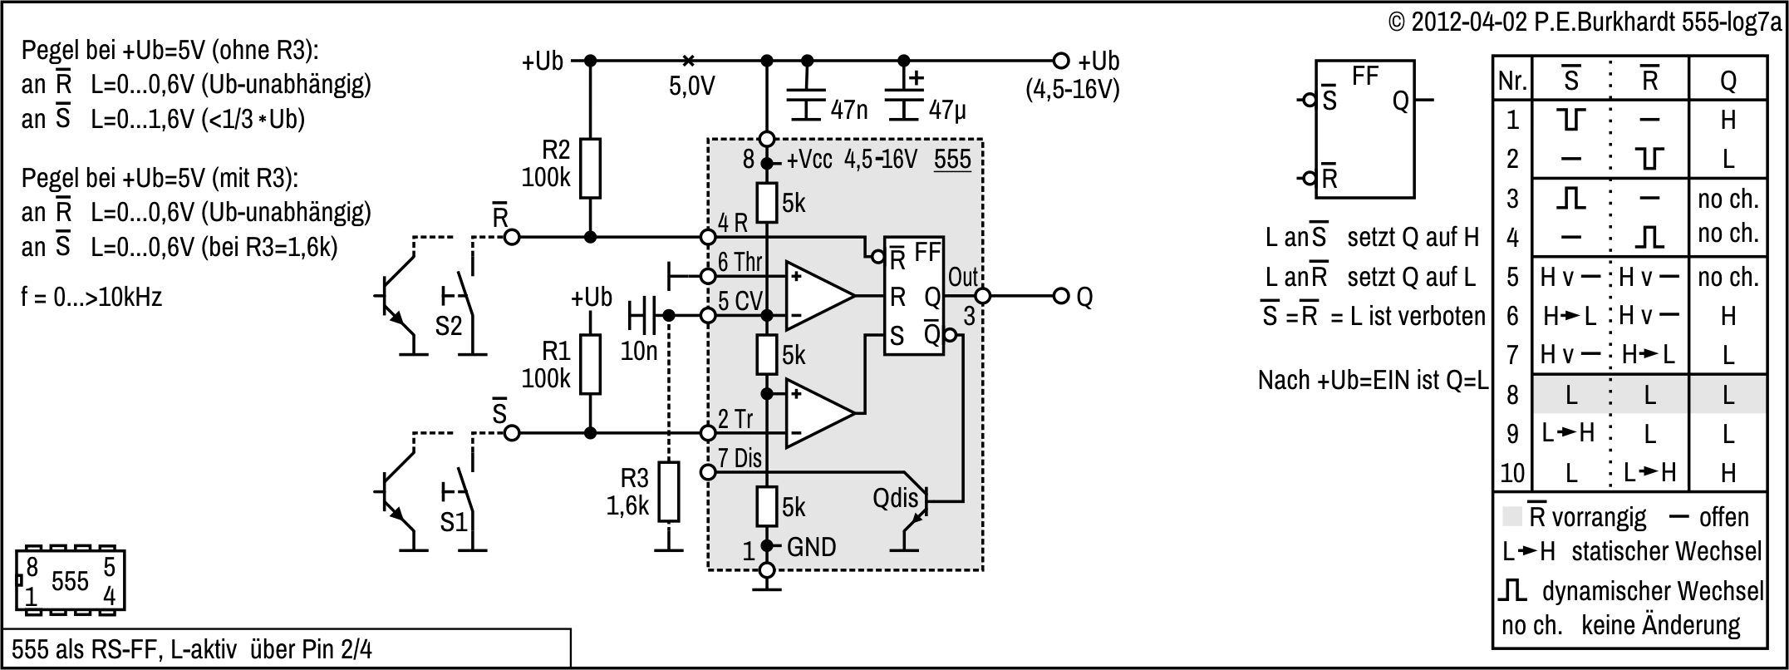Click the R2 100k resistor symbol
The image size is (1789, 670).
[590, 169]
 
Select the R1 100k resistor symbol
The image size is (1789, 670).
[590, 364]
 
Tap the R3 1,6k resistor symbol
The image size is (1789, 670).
[668, 491]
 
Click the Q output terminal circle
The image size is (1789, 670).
[1060, 296]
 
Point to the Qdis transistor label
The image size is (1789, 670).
[896, 499]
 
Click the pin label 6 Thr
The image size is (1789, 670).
[740, 263]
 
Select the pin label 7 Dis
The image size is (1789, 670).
[740, 458]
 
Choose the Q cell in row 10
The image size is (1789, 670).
[1728, 473]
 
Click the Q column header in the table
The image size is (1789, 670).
[1728, 81]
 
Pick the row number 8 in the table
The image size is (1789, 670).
[1512, 395]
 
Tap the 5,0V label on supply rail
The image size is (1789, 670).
[691, 86]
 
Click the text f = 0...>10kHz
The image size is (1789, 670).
[91, 297]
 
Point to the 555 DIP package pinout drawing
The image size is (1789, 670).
[70, 580]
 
